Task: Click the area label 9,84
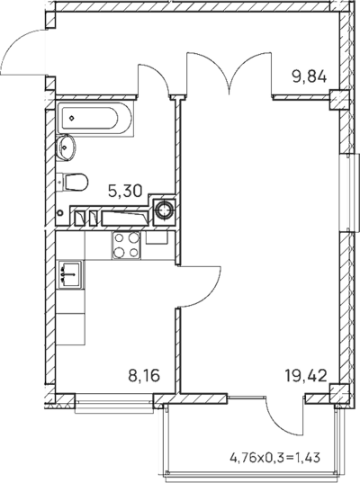click(309, 76)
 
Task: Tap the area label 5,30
click(125, 191)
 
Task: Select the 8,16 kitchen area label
click(144, 375)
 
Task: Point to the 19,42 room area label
click(306, 375)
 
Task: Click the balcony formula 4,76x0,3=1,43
click(275, 458)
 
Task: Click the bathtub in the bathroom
click(94, 119)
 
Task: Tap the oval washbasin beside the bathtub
click(66, 148)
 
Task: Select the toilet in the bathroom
click(73, 182)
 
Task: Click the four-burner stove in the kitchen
click(126, 246)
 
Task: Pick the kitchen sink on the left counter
click(70, 274)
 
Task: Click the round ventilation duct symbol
click(165, 210)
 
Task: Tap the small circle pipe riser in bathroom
click(60, 212)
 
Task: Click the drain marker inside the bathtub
click(71, 118)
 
